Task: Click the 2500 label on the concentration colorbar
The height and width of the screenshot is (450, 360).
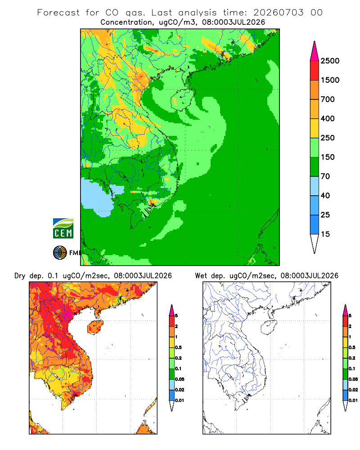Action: (x=330, y=61)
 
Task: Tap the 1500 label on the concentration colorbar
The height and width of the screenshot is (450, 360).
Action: (x=330, y=80)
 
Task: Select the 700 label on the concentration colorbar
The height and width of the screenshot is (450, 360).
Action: (x=328, y=99)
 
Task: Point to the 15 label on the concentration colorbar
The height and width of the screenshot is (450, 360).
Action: (x=325, y=234)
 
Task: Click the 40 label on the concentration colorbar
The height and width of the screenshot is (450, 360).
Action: (x=325, y=195)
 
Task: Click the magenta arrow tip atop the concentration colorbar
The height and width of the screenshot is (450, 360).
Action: (x=315, y=51)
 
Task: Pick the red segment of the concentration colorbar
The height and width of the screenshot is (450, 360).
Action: (x=315, y=71)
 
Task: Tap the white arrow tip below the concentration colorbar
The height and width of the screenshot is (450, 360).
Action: (x=315, y=244)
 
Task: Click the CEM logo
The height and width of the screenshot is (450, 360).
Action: (x=63, y=229)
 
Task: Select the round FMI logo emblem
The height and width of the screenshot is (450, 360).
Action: (x=60, y=253)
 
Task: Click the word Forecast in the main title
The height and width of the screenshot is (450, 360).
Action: (x=58, y=13)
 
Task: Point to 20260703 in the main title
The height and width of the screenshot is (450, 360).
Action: (x=278, y=13)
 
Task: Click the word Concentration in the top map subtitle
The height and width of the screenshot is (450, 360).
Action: (x=126, y=22)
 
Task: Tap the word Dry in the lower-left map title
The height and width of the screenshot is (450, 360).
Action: (x=20, y=276)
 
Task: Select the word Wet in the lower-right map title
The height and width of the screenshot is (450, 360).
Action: (x=201, y=276)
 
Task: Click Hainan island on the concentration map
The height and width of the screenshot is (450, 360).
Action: (x=183, y=99)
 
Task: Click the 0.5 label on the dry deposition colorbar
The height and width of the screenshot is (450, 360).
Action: (x=178, y=347)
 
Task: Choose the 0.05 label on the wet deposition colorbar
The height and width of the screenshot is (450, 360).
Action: (x=353, y=379)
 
